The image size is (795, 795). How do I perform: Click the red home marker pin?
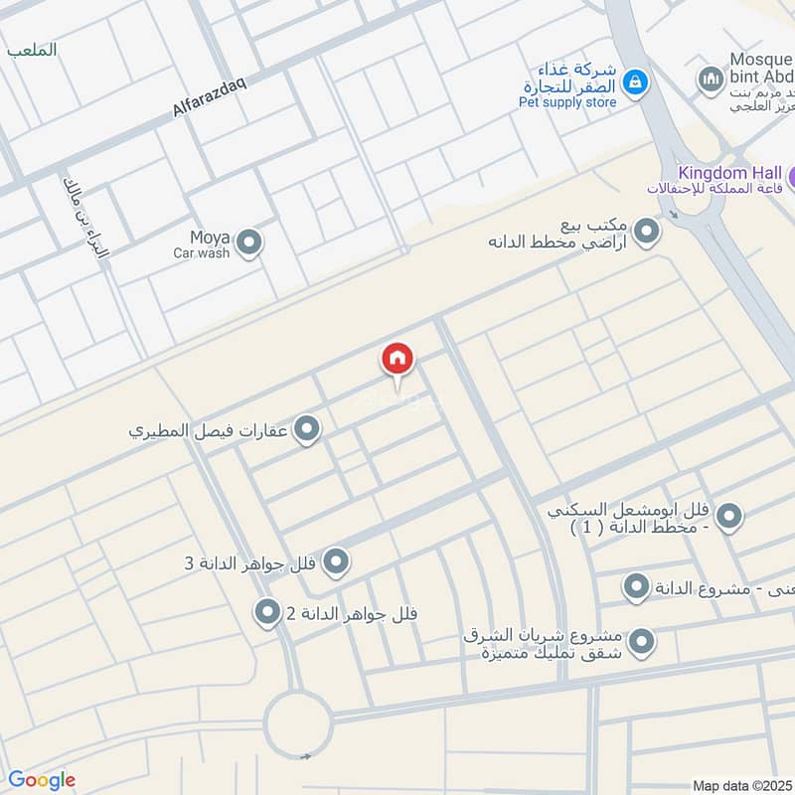(x=397, y=360)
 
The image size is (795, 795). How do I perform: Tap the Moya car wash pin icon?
(x=249, y=241)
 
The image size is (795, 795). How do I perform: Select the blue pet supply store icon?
(x=636, y=81)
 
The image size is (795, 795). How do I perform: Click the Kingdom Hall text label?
(x=729, y=172)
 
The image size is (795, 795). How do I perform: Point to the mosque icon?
(x=710, y=78)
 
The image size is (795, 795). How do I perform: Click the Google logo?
(x=41, y=780)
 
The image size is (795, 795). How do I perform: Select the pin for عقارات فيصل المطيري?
(x=308, y=429)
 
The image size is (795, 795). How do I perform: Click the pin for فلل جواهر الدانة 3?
(x=336, y=562)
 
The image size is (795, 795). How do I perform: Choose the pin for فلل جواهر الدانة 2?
(x=266, y=612)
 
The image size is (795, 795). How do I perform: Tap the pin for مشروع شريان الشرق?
(x=642, y=641)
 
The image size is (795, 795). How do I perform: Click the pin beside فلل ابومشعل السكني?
(x=729, y=517)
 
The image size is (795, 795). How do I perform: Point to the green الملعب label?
(x=32, y=49)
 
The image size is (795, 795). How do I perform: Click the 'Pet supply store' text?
(x=568, y=101)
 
